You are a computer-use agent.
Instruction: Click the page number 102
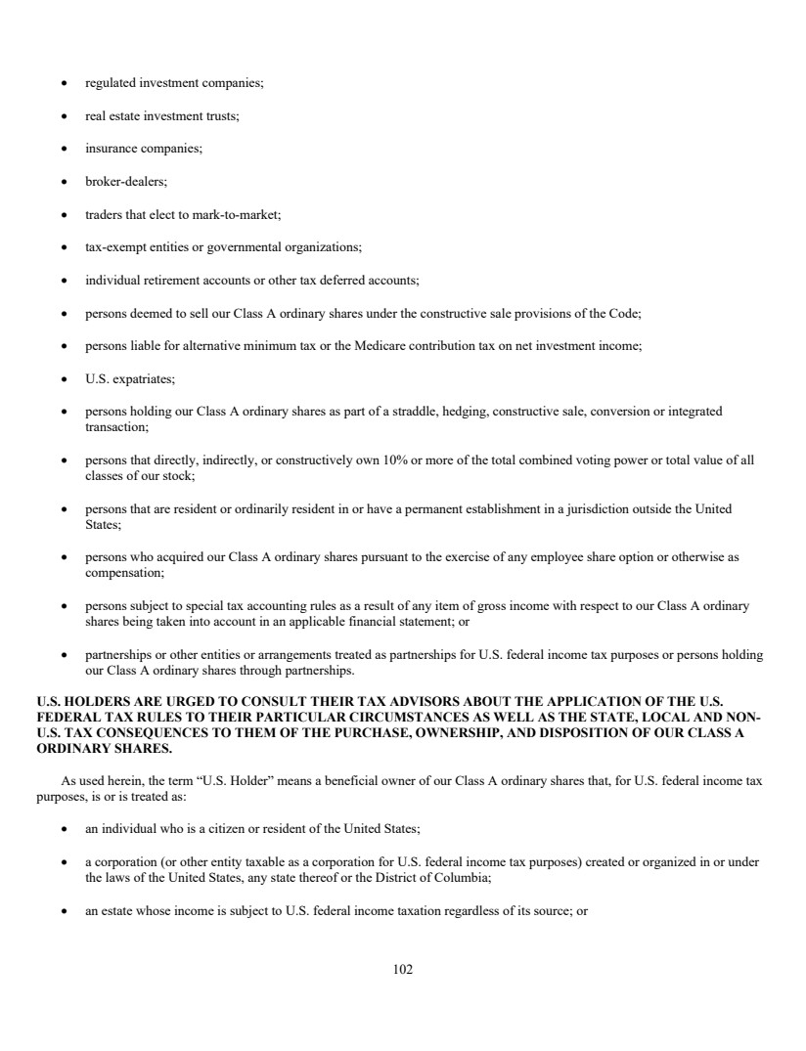(403, 969)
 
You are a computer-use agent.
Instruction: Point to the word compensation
(123, 572)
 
